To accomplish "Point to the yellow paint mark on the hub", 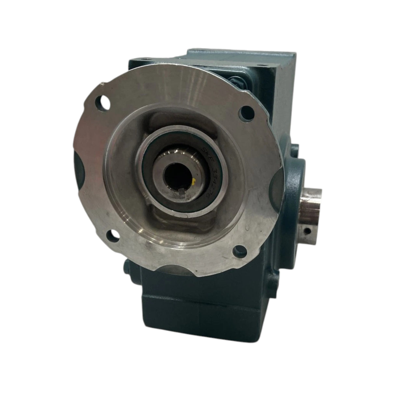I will pyautogui.click(x=194, y=180).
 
